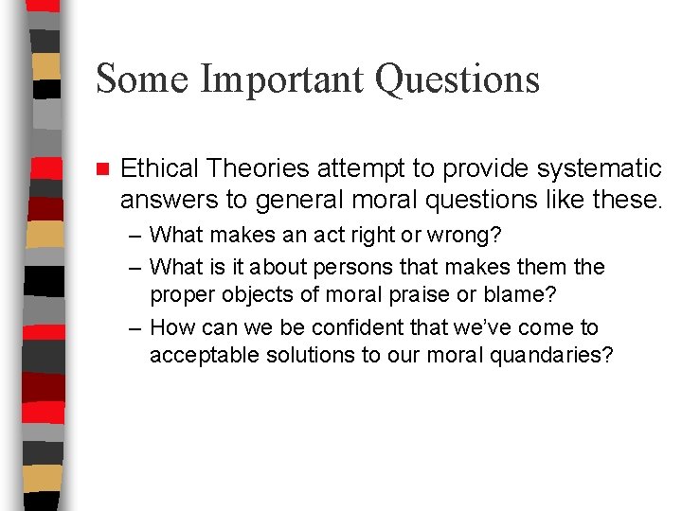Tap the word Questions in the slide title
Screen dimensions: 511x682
pyautogui.click(x=458, y=78)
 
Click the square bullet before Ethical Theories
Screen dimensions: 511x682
pyautogui.click(x=103, y=169)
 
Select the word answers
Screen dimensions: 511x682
pyautogui.click(x=164, y=200)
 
